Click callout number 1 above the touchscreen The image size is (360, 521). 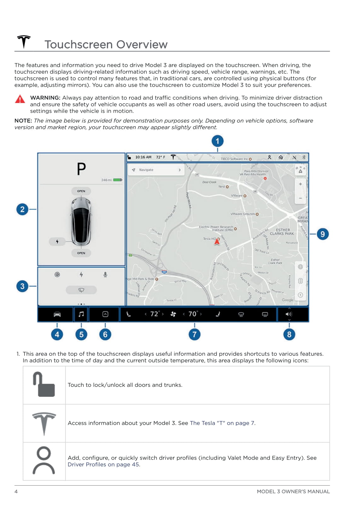pos(217,141)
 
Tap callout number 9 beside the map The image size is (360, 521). pos(322,234)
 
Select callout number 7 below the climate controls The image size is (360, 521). pos(195,334)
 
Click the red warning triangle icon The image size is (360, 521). pos(20,99)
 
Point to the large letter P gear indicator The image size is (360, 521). pos(81,169)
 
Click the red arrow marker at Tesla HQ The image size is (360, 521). pos(217,241)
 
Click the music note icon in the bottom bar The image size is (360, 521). pos(81,314)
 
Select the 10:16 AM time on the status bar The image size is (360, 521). pos(143,157)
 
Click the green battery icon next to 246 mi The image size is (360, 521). pos(118,180)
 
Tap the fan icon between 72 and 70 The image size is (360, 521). pos(173,314)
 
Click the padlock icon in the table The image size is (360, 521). pos(44,385)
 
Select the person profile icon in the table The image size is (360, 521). pos(44,461)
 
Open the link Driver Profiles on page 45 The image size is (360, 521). pos(104,465)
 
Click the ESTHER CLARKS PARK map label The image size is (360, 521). pos(282,232)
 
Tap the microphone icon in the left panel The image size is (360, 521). pos(105,275)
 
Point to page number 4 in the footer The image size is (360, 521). pos(16,491)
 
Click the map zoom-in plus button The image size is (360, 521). pos(300,184)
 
